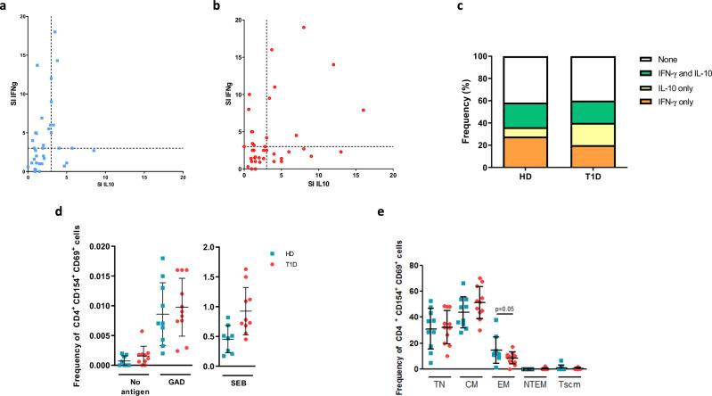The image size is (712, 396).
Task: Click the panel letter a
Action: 4,6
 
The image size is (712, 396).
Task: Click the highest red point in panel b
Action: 303,27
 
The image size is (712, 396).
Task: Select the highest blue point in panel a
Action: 54,32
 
